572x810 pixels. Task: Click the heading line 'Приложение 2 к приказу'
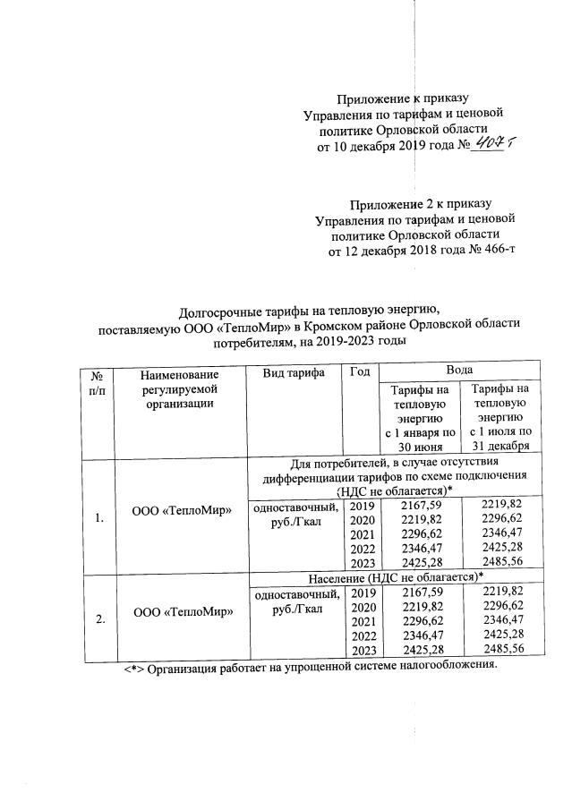tap(421, 203)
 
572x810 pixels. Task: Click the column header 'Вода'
tap(458, 369)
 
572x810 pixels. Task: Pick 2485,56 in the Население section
tap(501, 649)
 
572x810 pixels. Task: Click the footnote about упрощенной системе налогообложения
tap(309, 667)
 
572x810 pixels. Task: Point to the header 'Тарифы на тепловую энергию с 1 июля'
tap(500, 415)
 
